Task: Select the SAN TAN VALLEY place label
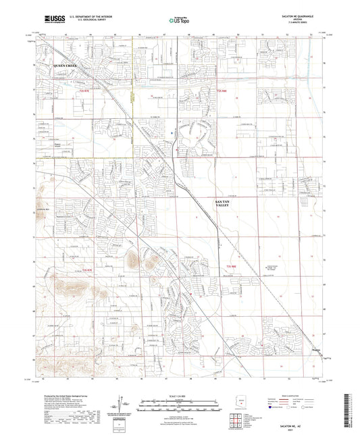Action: pos(223,203)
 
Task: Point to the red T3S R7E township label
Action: pos(86,269)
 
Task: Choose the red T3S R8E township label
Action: pos(230,269)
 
